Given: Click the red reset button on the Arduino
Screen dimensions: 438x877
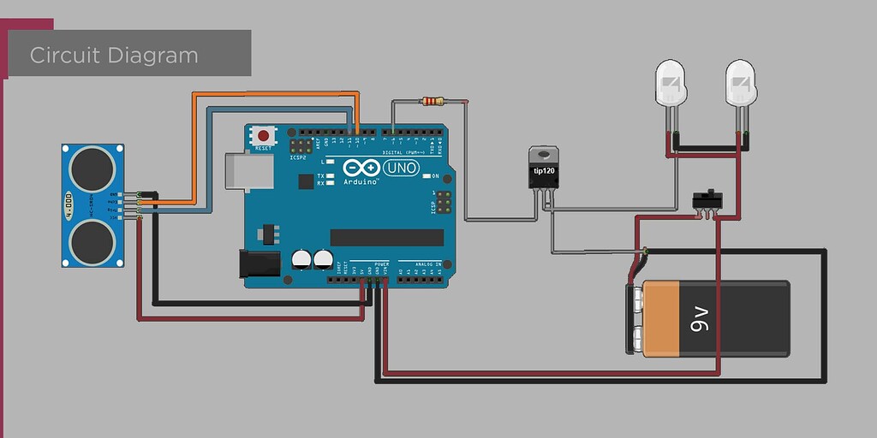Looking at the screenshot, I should (264, 135).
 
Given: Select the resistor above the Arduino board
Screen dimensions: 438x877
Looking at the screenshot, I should (433, 102).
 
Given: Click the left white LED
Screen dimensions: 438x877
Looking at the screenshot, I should (671, 83).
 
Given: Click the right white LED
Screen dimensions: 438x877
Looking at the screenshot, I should (741, 83).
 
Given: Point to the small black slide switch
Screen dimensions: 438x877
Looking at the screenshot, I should (707, 199).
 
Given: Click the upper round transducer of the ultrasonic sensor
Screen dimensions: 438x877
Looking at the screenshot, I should (92, 168).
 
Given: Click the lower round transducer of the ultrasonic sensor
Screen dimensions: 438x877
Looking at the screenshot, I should (92, 240).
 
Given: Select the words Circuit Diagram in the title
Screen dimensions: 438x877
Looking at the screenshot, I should (114, 56).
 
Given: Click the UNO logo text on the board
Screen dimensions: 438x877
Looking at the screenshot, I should (402, 168).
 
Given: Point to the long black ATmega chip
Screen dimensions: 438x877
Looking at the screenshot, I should (386, 237).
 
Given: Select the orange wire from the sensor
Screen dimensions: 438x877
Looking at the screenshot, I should (274, 93).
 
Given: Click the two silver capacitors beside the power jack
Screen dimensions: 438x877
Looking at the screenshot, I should (313, 259).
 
